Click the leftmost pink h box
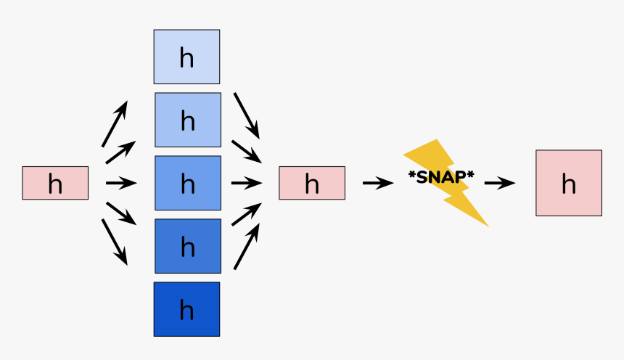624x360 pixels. (55, 183)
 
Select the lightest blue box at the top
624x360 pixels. (186, 57)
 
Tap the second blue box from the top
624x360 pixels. (188, 120)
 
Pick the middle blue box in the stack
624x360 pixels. (188, 183)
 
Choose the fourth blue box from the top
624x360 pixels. (188, 246)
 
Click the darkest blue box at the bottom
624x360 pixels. (186, 309)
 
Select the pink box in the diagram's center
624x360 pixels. (312, 183)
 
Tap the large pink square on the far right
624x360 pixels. (569, 183)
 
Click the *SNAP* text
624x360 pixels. (441, 176)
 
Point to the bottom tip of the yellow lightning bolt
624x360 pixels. (487, 225)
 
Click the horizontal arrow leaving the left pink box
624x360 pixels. (120, 183)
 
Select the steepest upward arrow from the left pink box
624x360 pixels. (115, 124)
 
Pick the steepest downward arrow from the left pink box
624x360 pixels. (115, 242)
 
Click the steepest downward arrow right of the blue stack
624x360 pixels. (247, 115)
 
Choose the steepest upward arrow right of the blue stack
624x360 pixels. (247, 247)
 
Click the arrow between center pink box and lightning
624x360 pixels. (377, 183)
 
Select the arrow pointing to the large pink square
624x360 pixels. (499, 183)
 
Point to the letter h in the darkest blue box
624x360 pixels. (186, 311)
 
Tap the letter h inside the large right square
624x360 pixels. (569, 184)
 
